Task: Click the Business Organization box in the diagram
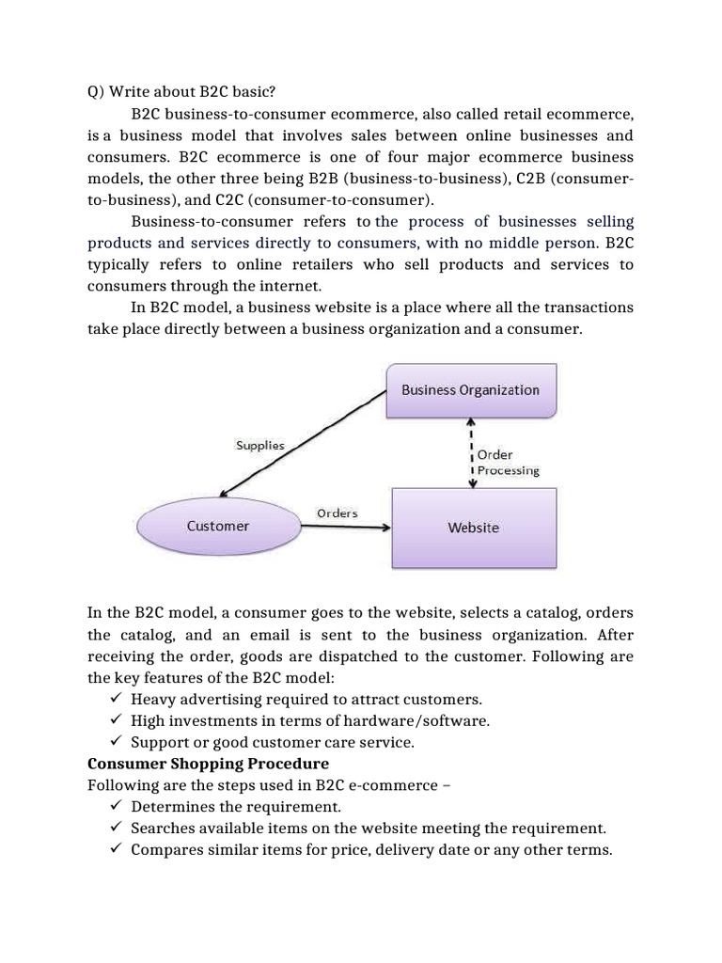pos(470,389)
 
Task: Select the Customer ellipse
pos(217,527)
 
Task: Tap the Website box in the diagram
pos(473,528)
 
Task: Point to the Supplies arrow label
pos(259,445)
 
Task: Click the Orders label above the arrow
pos(337,513)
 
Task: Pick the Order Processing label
pos(507,462)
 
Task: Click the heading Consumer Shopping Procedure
pos(208,764)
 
